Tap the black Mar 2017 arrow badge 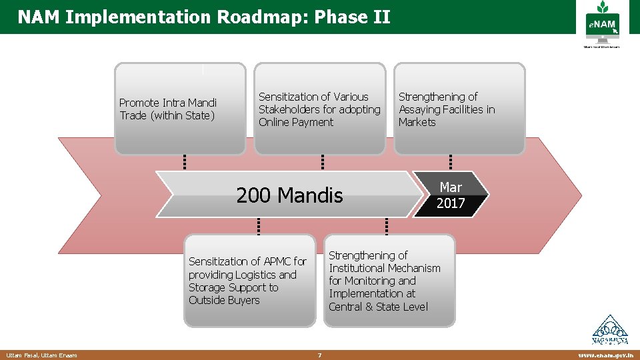(x=451, y=195)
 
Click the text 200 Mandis (x=289, y=195)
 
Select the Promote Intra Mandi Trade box (x=180, y=109)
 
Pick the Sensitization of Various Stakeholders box (x=319, y=109)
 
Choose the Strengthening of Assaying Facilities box (x=459, y=109)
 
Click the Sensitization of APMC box (x=249, y=281)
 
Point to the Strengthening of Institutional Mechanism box (x=389, y=281)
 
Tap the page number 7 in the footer (x=319, y=355)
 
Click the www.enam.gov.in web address (x=605, y=355)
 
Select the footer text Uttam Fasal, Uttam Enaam (x=41, y=355)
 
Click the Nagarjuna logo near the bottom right (x=610, y=331)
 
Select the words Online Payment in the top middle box (x=296, y=122)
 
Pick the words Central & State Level (x=378, y=307)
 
